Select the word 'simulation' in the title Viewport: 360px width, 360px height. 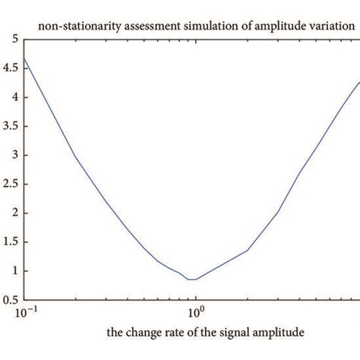(191, 25)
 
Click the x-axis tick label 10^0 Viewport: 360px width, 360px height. (195, 312)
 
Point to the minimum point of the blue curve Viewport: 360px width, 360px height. (191, 279)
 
